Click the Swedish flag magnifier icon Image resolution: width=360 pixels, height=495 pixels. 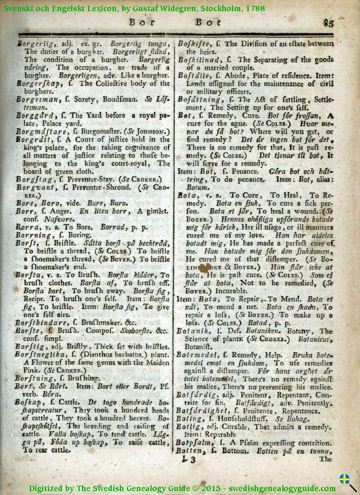pos(347,482)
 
